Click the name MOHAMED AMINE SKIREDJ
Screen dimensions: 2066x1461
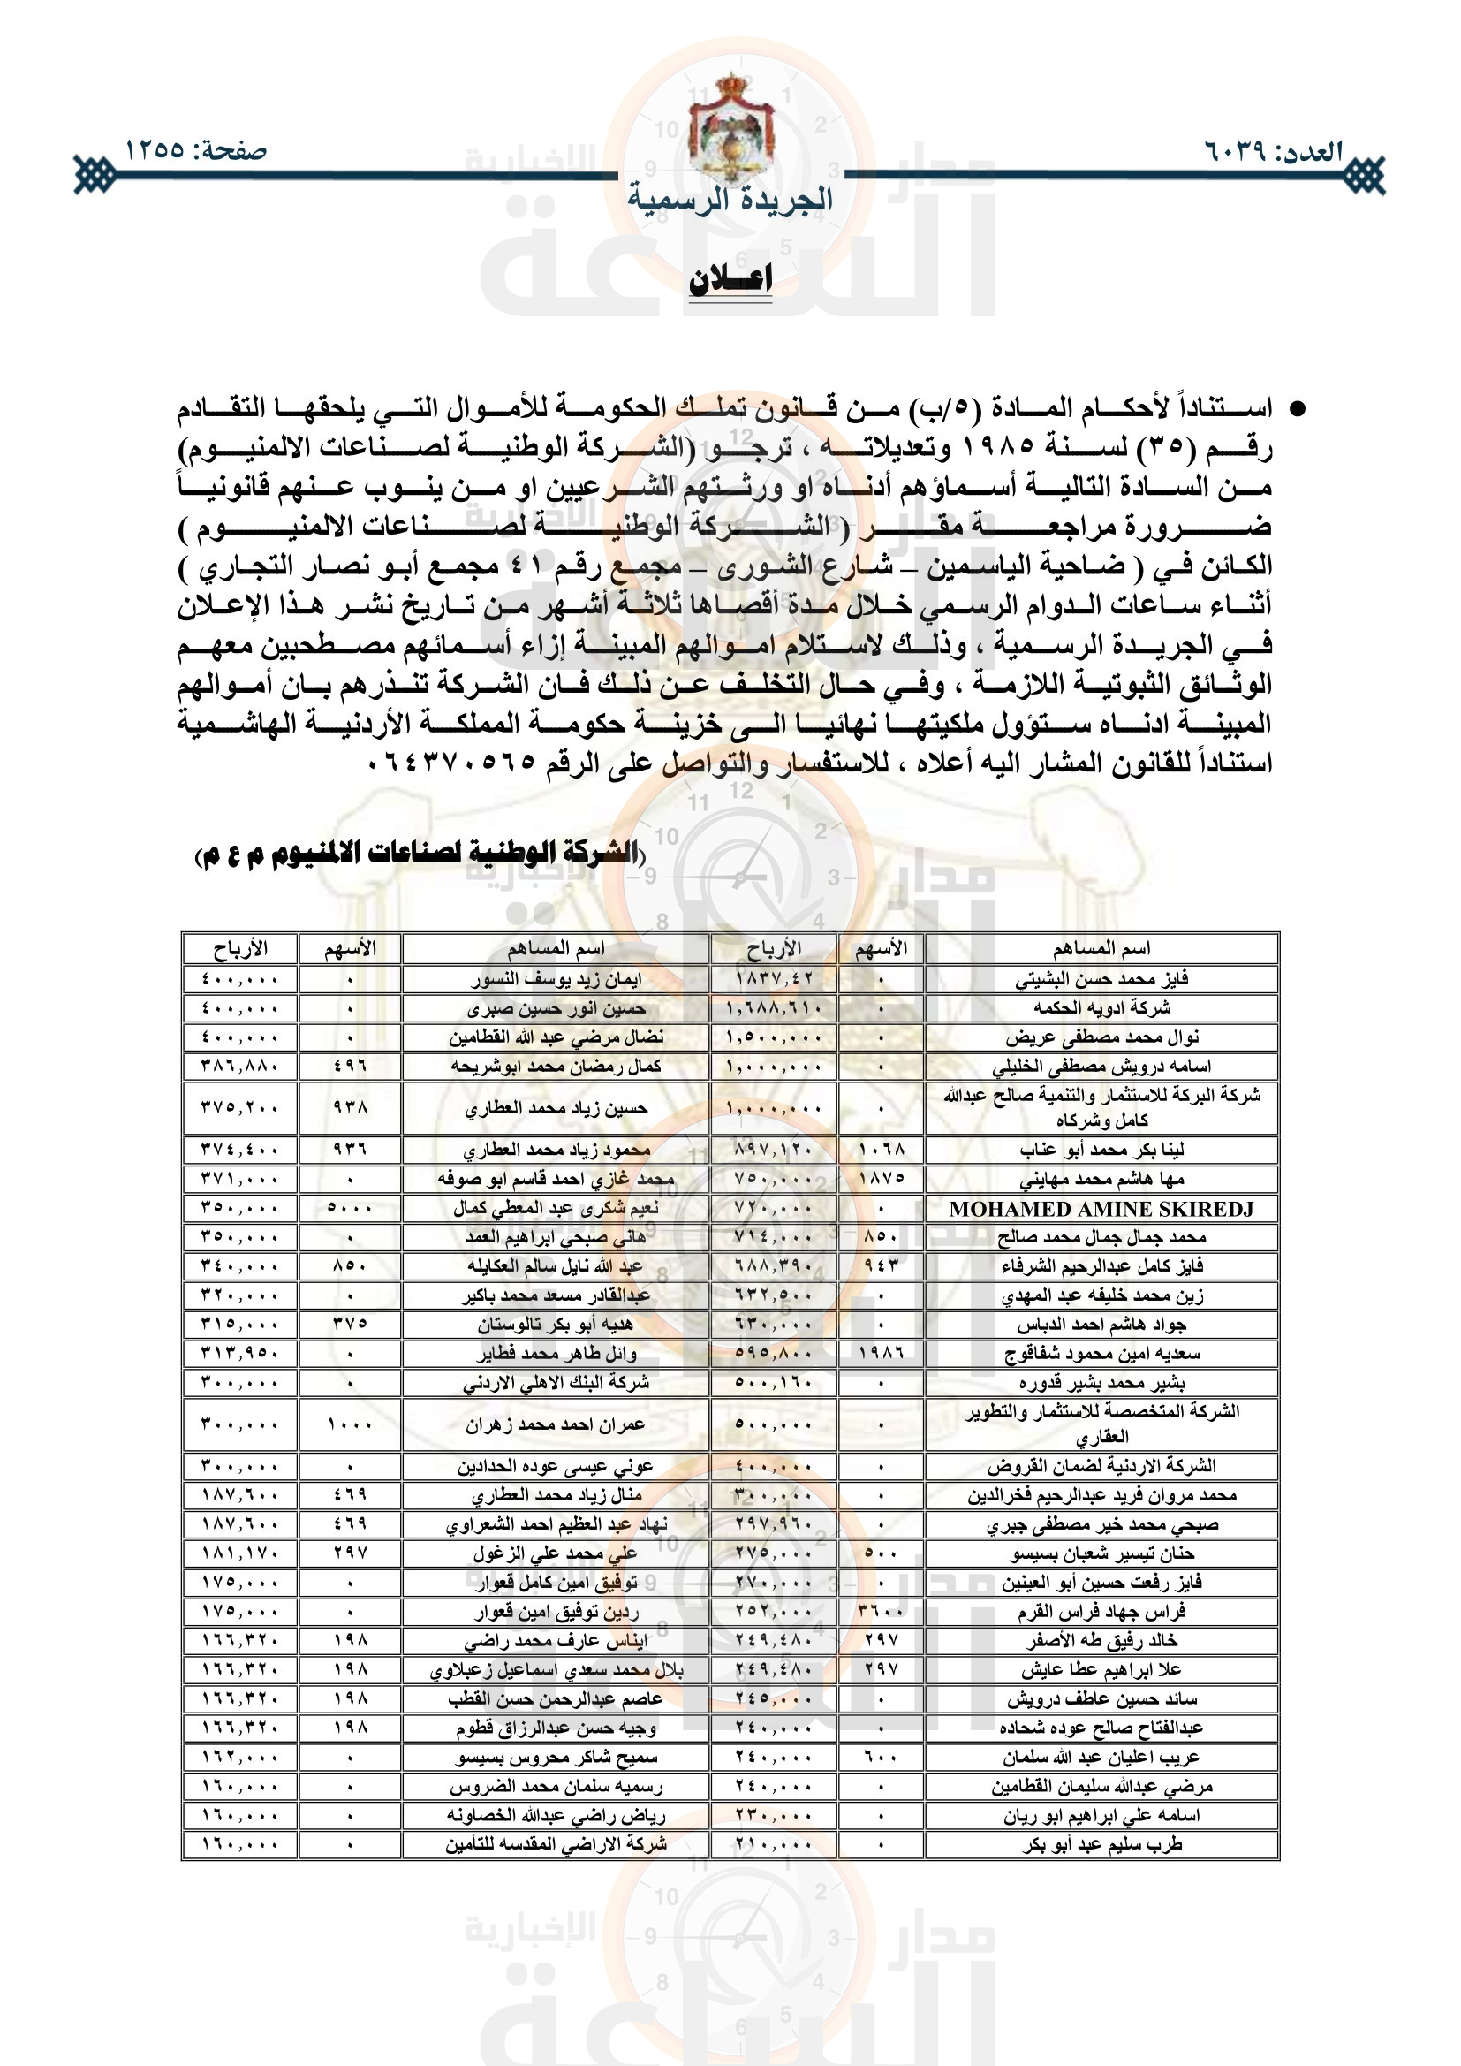point(1101,1209)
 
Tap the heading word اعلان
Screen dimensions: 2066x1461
point(730,280)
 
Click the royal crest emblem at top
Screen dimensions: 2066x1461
point(730,126)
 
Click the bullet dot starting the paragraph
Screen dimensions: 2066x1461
point(1297,410)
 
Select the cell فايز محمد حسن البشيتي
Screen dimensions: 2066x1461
point(1101,978)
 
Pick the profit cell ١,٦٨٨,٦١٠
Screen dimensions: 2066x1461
point(773,1007)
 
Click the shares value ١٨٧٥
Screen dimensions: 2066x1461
point(881,1178)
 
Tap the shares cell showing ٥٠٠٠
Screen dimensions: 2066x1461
point(349,1208)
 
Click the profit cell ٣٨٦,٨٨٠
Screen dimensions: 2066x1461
point(239,1066)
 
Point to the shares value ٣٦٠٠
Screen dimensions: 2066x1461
point(881,1611)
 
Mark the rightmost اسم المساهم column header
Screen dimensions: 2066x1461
point(1101,948)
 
